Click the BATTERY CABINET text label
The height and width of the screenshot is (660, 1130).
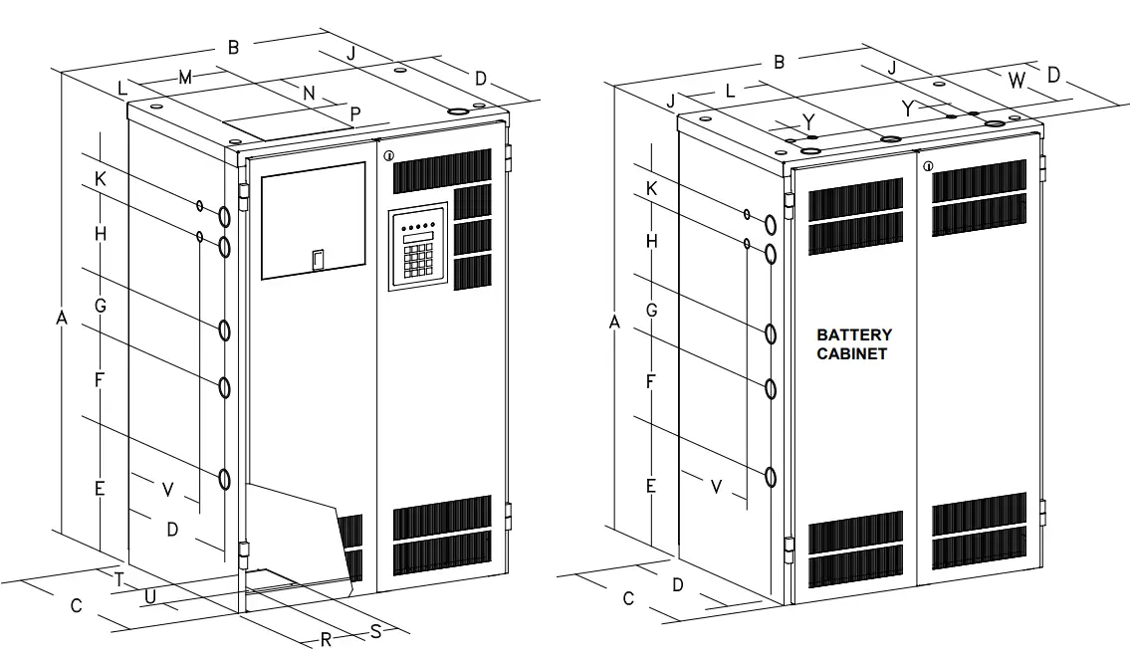click(x=853, y=344)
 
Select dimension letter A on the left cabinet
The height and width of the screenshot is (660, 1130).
click(x=61, y=318)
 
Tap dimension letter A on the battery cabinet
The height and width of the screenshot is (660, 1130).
click(x=614, y=323)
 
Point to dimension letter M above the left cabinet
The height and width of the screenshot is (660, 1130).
click(x=185, y=77)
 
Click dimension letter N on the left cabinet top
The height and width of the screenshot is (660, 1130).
click(x=309, y=93)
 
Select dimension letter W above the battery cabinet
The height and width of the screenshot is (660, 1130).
click(x=1016, y=82)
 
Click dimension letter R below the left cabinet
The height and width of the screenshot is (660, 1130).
click(x=326, y=639)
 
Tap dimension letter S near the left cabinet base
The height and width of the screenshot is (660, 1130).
click(x=375, y=630)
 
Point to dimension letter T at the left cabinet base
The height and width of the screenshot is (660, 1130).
click(x=117, y=578)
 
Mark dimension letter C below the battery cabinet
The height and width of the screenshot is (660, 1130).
click(x=628, y=598)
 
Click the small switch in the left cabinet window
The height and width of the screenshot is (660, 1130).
click(x=317, y=260)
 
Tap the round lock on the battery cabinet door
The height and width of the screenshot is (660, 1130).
click(x=928, y=165)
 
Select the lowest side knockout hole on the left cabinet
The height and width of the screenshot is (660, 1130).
click(x=225, y=481)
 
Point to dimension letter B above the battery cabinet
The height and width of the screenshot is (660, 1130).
click(x=780, y=62)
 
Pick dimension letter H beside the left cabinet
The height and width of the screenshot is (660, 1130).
click(x=100, y=234)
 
